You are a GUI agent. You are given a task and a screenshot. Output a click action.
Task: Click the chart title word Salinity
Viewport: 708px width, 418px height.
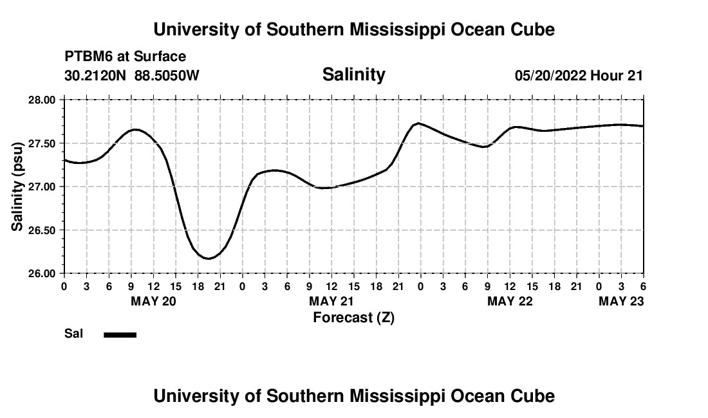point(353,75)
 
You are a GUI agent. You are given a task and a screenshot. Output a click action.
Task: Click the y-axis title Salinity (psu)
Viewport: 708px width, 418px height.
point(17,186)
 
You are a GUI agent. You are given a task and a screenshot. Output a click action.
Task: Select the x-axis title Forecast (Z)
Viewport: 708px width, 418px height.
point(353,317)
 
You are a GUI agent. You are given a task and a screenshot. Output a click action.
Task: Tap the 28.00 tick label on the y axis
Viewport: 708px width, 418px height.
point(42,100)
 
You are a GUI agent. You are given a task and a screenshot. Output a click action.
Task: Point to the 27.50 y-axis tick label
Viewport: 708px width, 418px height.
point(42,143)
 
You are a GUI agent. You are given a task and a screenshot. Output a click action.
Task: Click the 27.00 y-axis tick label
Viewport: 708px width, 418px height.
point(42,186)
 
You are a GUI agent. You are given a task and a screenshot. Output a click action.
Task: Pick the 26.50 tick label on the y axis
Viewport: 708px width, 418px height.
point(42,230)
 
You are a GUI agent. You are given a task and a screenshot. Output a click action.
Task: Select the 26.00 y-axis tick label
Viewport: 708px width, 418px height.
point(42,273)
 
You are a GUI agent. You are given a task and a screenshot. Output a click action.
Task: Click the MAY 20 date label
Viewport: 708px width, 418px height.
point(153,302)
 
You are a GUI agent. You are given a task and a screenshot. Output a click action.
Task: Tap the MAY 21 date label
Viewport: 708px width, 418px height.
point(331,302)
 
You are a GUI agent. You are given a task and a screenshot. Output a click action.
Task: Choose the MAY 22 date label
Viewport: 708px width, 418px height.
point(510,302)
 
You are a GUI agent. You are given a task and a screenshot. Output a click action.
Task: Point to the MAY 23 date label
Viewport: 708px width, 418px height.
point(621,302)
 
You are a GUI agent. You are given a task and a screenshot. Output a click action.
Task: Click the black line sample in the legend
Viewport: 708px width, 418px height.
point(120,334)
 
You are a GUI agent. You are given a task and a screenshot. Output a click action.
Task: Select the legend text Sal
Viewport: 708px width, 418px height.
point(73,334)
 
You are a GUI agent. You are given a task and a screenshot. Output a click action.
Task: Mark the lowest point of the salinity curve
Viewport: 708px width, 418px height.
point(209,259)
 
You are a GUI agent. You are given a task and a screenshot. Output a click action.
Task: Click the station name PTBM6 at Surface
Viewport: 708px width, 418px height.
point(125,57)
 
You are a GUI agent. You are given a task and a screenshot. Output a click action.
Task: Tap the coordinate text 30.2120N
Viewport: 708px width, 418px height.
point(96,75)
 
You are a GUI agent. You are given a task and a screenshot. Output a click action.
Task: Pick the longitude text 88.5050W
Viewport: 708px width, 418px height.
point(167,75)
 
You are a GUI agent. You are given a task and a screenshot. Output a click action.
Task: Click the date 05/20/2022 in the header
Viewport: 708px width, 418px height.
point(550,75)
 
